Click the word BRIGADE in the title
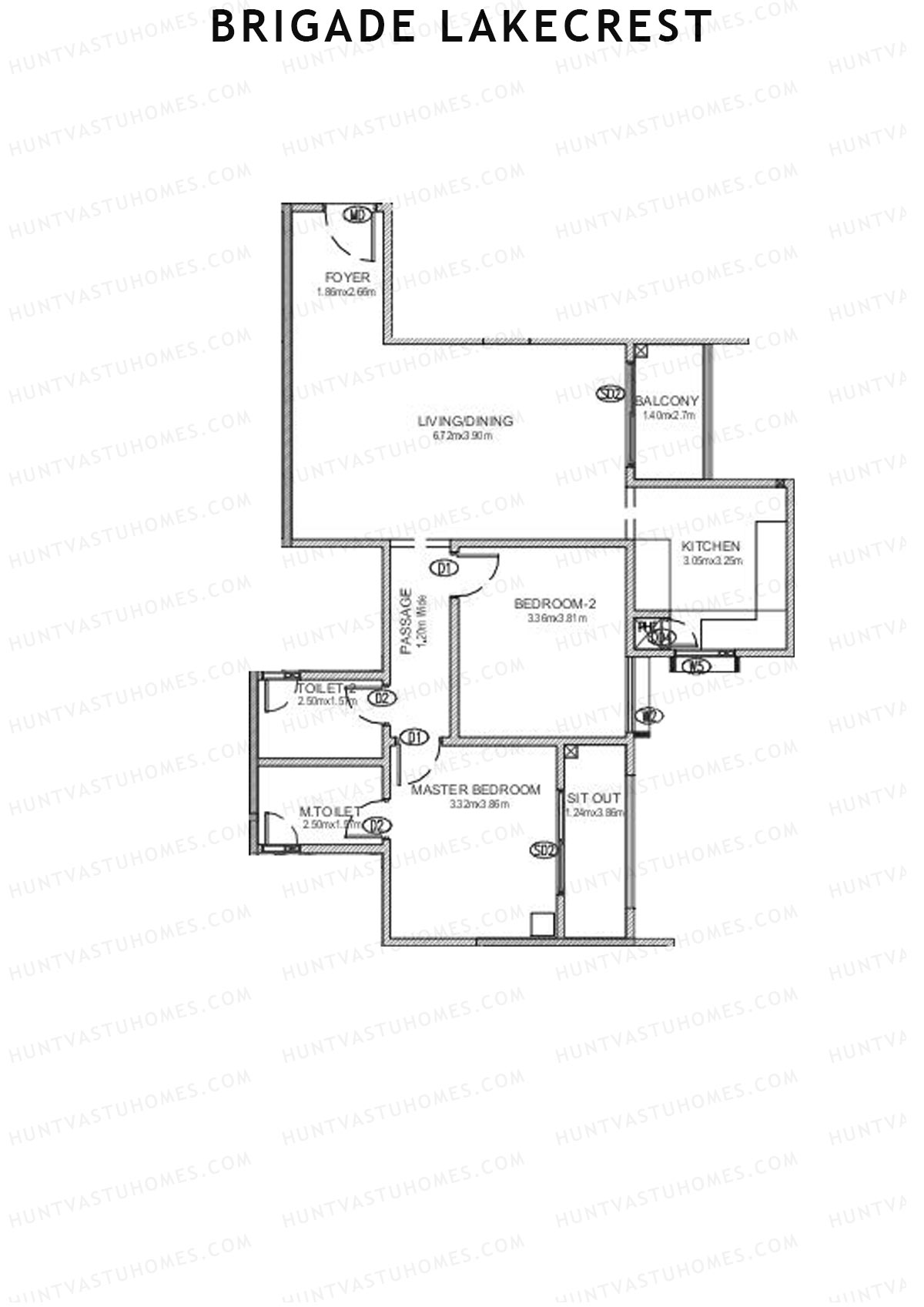313,27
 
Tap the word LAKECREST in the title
576,27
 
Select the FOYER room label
347,277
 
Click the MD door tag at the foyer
357,215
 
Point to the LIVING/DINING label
465,421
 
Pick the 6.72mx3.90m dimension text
463,436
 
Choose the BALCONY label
667,401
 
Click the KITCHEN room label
711,546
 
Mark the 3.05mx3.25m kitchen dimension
712,561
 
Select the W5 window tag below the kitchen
697,667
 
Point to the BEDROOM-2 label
555,603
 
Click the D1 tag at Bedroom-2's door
444,569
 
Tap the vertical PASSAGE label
407,622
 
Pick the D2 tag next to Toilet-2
382,699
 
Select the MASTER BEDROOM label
476,790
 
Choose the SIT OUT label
594,798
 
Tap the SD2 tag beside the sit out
544,850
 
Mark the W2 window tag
649,716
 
